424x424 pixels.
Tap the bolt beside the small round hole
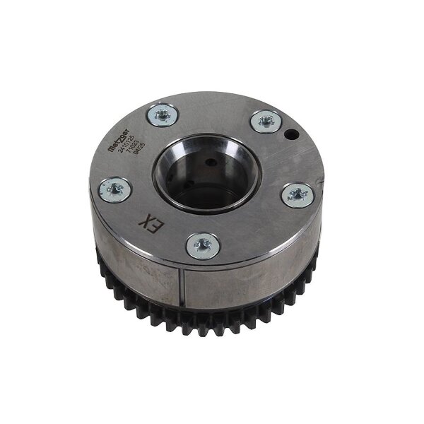pos(266,122)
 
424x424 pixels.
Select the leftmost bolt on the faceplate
pos(113,189)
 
